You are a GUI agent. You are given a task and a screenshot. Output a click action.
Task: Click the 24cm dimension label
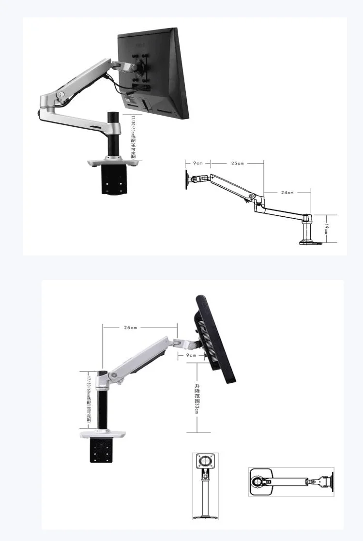pos(287,193)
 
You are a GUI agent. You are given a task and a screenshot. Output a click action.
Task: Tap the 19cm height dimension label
pos(326,227)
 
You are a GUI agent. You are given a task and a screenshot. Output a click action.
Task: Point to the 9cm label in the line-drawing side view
pos(198,164)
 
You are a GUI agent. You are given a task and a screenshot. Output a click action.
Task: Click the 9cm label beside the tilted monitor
pos(191,355)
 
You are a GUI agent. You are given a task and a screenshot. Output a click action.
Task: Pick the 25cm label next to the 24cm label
pos(237,164)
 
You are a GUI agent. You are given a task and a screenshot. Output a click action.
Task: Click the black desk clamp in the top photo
pos(114,180)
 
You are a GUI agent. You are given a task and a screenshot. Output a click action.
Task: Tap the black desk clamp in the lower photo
pos(103,451)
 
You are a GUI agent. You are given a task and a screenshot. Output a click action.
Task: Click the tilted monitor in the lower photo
pos(215,339)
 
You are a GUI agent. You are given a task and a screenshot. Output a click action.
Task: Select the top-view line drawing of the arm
pos(291,481)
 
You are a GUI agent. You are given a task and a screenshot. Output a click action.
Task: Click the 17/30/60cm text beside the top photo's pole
pos(133,136)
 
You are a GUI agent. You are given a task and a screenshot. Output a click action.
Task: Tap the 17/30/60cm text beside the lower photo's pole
pos(89,397)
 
